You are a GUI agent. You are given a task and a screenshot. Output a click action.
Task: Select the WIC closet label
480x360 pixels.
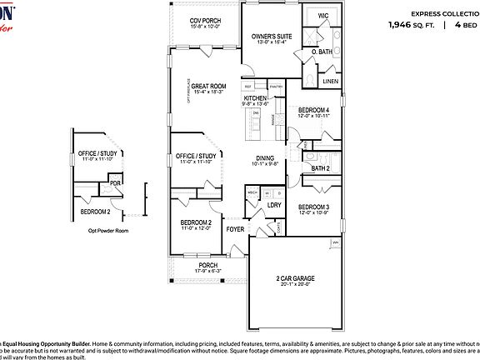(x=322, y=16)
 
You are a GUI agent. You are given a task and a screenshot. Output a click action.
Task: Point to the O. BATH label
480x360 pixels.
(x=322, y=52)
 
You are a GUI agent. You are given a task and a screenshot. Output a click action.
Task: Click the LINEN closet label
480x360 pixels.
(x=330, y=81)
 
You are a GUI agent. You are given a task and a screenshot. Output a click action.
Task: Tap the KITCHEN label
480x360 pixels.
(x=255, y=97)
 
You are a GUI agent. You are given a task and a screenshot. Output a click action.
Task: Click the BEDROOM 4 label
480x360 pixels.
(x=314, y=111)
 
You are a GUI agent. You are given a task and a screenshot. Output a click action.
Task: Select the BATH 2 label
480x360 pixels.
(x=321, y=168)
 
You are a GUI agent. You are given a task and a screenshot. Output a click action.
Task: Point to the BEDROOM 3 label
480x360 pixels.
(x=314, y=207)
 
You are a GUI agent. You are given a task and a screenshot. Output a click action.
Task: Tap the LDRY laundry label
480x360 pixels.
(x=273, y=204)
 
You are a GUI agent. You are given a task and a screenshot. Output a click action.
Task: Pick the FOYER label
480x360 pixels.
(x=236, y=227)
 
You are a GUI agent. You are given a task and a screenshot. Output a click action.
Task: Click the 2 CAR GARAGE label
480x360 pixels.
(x=296, y=278)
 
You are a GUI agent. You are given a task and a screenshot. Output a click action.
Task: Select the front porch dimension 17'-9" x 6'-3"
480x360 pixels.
(x=207, y=271)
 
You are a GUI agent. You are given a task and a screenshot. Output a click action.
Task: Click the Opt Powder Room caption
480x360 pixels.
(x=110, y=231)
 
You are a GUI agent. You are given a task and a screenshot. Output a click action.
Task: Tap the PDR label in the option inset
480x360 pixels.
(x=115, y=182)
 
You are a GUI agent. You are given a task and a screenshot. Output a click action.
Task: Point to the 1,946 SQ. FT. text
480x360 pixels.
(x=410, y=25)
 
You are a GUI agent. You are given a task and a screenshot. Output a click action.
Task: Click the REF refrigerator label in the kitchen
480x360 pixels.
(x=248, y=86)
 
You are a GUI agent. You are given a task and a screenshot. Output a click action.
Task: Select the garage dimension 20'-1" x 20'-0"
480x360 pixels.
(x=296, y=285)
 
